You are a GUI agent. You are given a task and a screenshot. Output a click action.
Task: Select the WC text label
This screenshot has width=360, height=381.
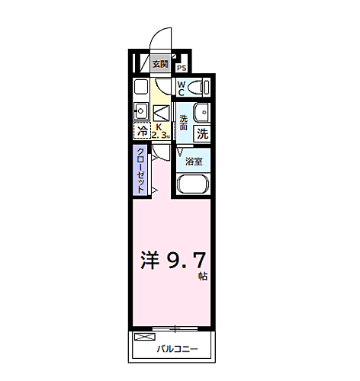[x=181, y=88]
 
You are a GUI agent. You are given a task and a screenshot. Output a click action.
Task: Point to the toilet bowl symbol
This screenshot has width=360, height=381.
[x=199, y=86]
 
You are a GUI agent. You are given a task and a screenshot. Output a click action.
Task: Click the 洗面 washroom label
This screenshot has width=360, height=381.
[x=184, y=122]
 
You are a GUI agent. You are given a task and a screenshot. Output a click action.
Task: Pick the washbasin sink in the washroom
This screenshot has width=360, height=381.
[x=201, y=113]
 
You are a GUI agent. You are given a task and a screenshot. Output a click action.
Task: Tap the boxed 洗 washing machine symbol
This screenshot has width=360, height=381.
[x=202, y=133]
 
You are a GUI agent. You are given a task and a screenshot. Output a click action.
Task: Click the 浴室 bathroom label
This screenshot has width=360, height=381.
[x=194, y=162]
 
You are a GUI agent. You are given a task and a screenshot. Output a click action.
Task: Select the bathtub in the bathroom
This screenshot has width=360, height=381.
[x=194, y=185]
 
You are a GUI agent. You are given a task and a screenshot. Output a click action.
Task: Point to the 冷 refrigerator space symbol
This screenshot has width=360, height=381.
[x=141, y=130]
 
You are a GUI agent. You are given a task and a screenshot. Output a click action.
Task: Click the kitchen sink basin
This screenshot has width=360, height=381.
[x=141, y=108]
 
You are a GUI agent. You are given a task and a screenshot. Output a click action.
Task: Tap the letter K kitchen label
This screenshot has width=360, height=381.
[x=159, y=126]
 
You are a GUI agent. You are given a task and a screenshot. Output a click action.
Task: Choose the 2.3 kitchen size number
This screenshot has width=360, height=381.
[x=159, y=136]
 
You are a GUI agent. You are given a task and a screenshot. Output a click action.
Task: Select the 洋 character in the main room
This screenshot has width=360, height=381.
[x=149, y=261]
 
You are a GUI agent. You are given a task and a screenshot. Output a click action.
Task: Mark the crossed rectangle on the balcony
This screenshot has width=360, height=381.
[x=143, y=337]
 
